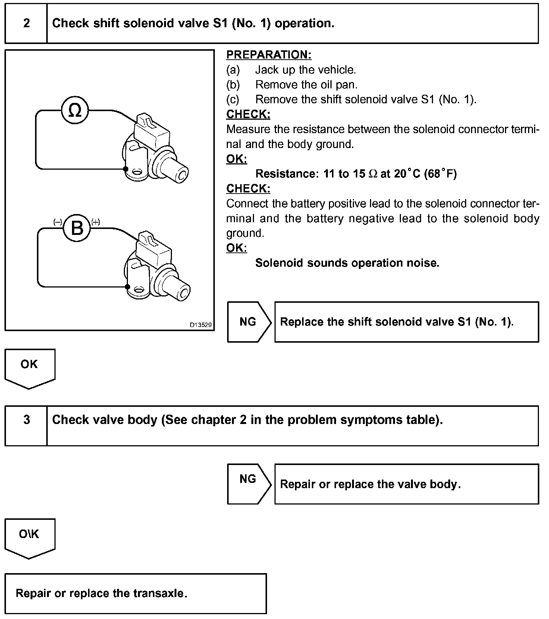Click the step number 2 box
[x=26, y=23]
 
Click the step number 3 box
[x=26, y=420]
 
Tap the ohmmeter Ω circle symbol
[x=75, y=110]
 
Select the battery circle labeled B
[x=77, y=228]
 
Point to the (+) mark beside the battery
[x=95, y=222]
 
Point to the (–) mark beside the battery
[x=58, y=222]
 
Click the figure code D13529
[x=201, y=325]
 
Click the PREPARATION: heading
[x=269, y=55]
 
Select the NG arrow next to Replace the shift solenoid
[x=248, y=322]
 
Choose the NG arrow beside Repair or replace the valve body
[x=248, y=484]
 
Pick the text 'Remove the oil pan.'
[x=306, y=85]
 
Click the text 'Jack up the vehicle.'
[x=305, y=70]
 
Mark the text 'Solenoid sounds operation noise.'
[x=347, y=263]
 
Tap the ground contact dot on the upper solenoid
[x=126, y=169]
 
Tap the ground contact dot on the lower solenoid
[x=128, y=287]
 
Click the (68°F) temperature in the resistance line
[x=440, y=174]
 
